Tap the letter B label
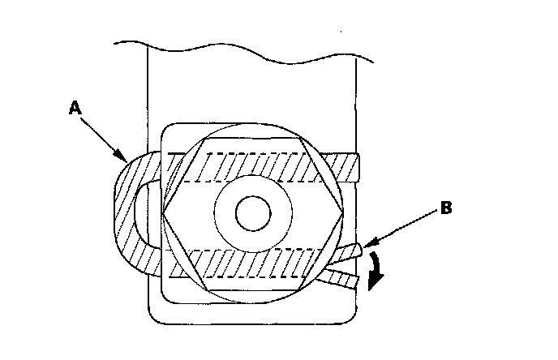tap(445, 208)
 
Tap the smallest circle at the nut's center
tap(252, 215)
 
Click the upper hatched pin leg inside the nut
tap(260, 166)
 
